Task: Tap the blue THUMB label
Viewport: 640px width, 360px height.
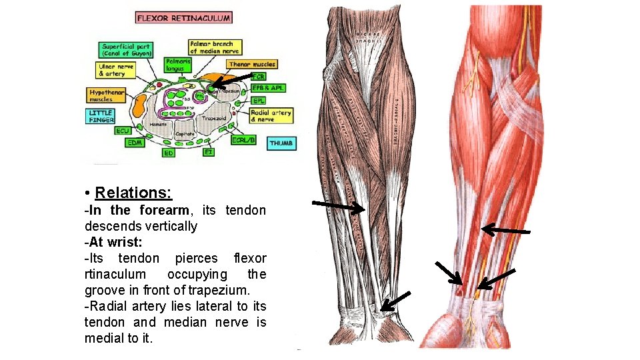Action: [x=282, y=143]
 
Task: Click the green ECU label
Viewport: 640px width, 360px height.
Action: [x=123, y=131]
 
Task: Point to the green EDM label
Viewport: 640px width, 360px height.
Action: [x=135, y=142]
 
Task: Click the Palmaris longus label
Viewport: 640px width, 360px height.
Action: [x=178, y=65]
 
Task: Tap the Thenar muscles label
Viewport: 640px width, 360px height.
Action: [x=252, y=65]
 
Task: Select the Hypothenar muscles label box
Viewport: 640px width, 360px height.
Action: [x=105, y=95]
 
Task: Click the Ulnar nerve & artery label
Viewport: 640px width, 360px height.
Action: [x=117, y=70]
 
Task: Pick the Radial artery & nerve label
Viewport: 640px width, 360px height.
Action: [x=271, y=116]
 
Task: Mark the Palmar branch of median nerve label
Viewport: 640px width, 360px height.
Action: [x=215, y=47]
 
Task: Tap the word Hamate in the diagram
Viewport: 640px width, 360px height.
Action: [x=158, y=125]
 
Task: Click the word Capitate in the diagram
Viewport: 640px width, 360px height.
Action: [x=185, y=134]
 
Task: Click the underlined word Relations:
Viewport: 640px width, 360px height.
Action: [x=133, y=193]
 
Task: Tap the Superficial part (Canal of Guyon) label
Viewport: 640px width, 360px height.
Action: [x=126, y=49]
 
